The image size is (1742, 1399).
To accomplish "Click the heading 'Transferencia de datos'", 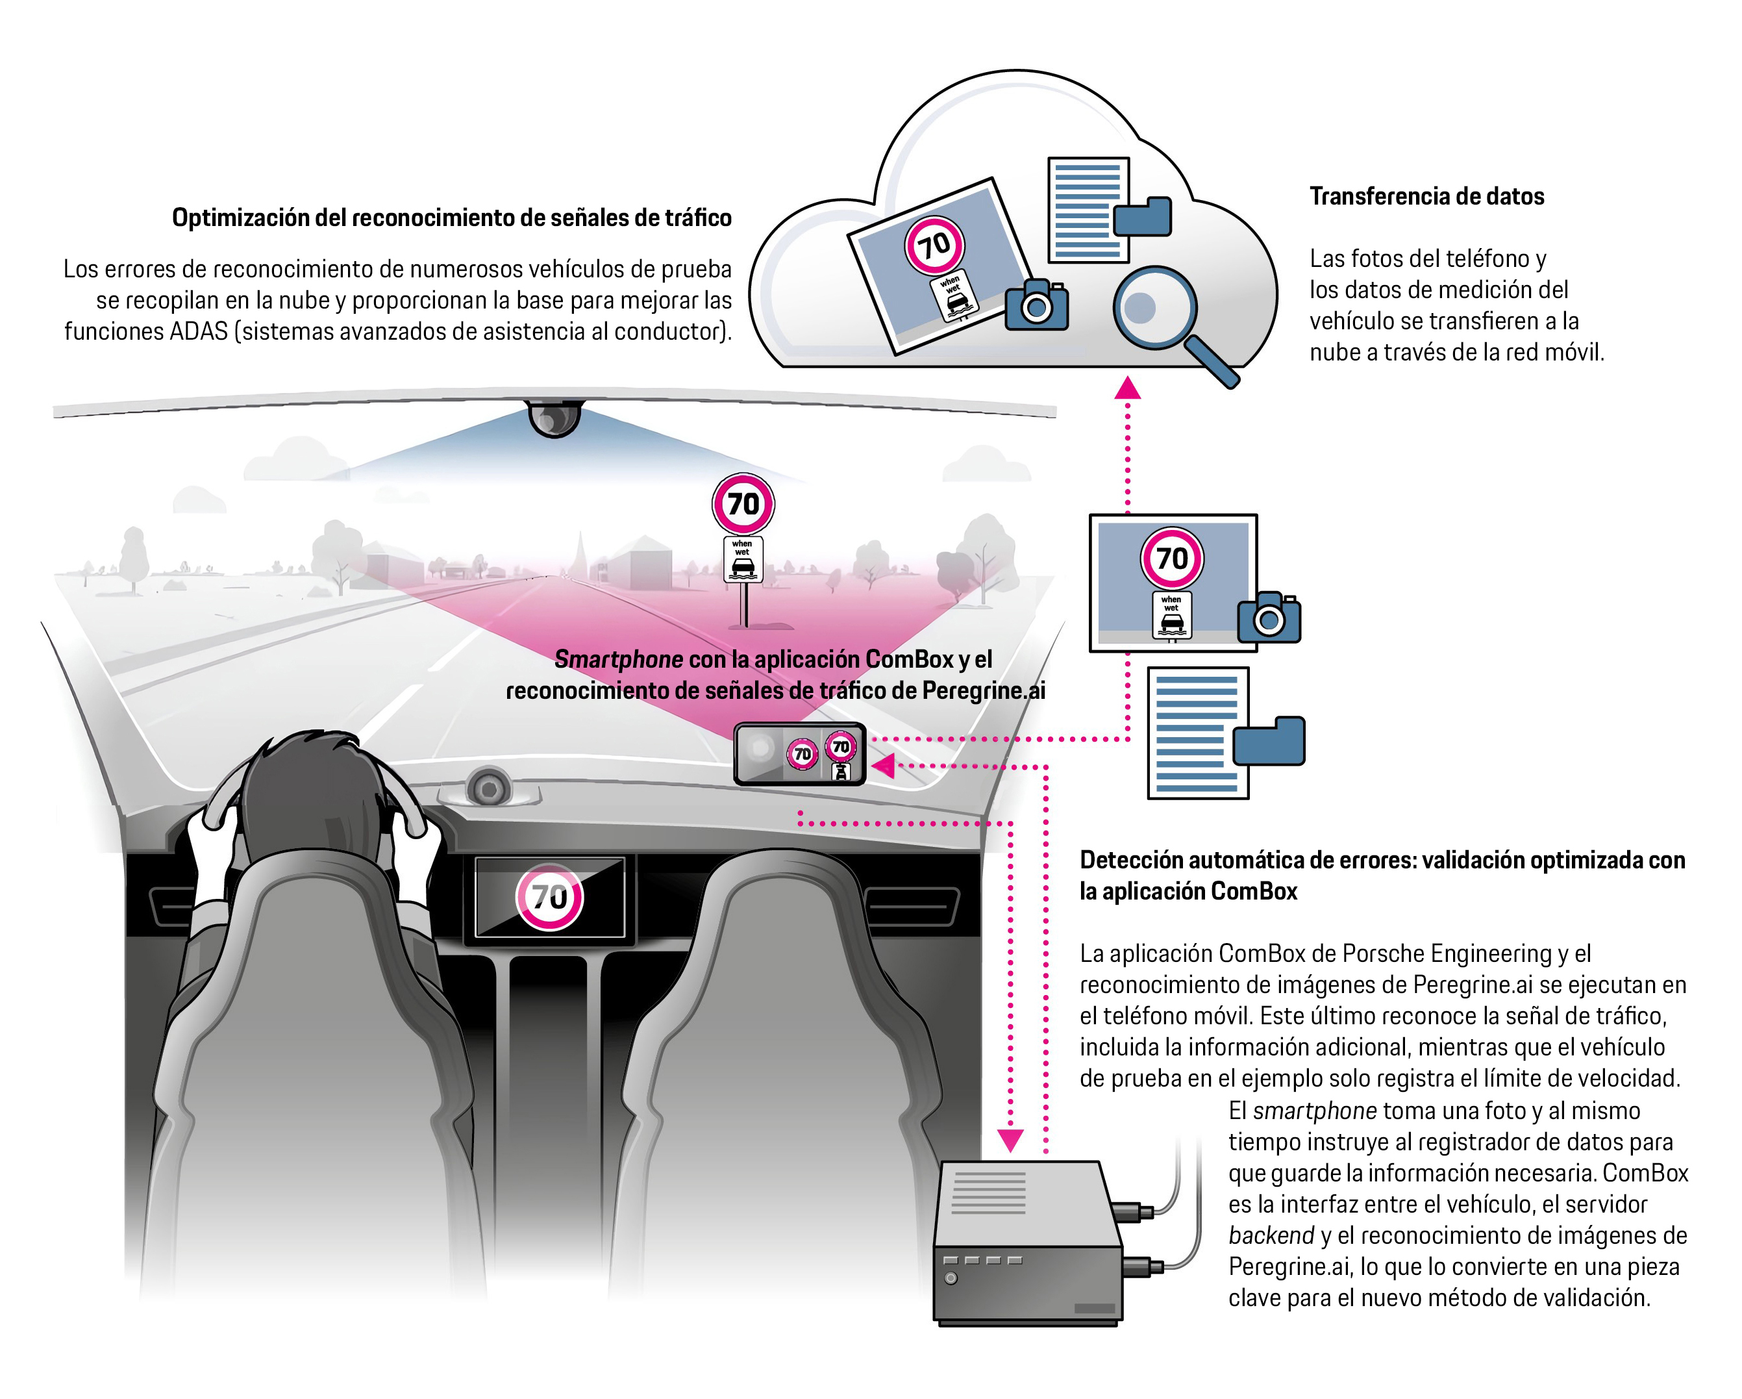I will click(1426, 196).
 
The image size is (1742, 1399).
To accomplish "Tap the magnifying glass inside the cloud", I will click(1156, 308).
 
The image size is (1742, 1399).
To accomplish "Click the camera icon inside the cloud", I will click(1037, 305).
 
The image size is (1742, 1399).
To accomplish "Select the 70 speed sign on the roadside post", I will click(743, 503).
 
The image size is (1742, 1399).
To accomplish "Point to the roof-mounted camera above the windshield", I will click(554, 417).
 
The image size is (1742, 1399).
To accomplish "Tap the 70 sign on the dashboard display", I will click(549, 896).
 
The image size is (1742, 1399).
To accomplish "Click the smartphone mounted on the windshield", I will click(799, 753).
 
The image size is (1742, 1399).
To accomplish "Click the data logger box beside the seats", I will click(1028, 1244).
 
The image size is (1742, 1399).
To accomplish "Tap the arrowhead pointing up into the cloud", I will click(1127, 389).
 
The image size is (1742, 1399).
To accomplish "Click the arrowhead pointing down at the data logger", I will click(1010, 1141).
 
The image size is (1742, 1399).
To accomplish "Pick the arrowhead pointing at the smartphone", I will click(884, 765).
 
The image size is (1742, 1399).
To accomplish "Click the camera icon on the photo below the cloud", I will click(1269, 618).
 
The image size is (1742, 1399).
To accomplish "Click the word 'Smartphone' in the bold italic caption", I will click(618, 659).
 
